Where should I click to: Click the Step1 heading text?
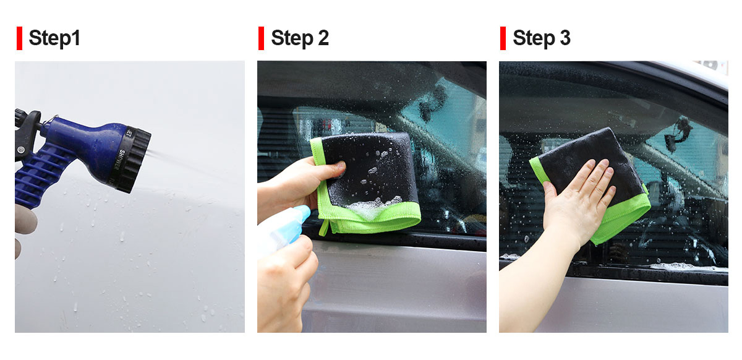[54, 38]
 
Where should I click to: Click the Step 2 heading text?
[300, 38]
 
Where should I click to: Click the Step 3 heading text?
[542, 38]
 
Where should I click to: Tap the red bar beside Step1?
[20, 38]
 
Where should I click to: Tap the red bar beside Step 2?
[262, 38]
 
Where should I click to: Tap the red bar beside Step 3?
[503, 38]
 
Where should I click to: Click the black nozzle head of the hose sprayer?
[134, 160]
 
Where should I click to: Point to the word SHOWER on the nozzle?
[119, 160]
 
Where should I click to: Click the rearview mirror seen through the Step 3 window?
[678, 134]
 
